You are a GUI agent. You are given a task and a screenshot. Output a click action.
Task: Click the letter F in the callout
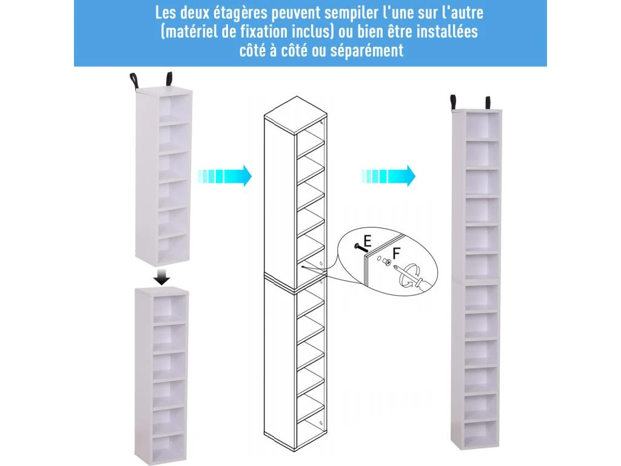point(397,253)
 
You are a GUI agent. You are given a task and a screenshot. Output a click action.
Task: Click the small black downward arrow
point(161,277)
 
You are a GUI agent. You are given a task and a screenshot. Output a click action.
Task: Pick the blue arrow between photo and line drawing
point(224,175)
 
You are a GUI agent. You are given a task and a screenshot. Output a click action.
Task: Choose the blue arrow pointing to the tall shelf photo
point(388,175)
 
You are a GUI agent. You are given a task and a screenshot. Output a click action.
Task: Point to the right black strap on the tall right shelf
point(488,103)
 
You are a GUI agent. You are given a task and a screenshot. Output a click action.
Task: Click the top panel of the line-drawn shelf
point(296,115)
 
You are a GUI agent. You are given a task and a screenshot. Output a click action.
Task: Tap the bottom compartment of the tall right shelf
point(480,433)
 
